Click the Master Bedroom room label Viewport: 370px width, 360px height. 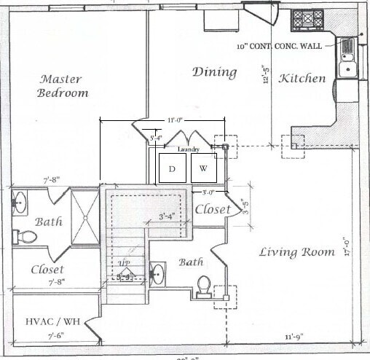(x=64, y=86)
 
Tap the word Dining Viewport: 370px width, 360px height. (x=215, y=71)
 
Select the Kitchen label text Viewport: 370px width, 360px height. (x=302, y=78)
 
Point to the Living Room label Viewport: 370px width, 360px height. (x=295, y=252)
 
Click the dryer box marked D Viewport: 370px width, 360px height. (x=173, y=169)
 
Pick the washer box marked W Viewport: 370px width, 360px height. (x=204, y=169)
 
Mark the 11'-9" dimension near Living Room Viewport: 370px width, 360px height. (x=299, y=337)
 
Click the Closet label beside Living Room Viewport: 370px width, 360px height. (x=213, y=210)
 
